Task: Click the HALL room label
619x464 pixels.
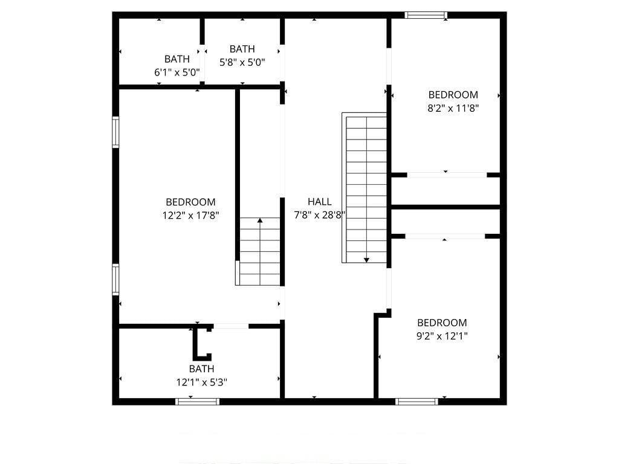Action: click(319, 202)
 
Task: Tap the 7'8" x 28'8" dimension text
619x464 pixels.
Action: click(320, 215)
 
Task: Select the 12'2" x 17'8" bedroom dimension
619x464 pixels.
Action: click(190, 216)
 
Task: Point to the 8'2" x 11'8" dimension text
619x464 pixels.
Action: click(453, 108)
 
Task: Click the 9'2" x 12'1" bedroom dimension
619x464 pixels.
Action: click(442, 336)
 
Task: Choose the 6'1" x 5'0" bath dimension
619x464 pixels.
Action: click(177, 72)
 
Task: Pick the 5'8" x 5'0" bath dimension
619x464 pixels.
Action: click(242, 62)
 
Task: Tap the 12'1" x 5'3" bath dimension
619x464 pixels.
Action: click(202, 382)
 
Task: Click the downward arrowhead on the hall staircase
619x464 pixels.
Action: click(366, 260)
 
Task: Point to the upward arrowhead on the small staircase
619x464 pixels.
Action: click(260, 220)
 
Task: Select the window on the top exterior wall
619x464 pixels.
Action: click(426, 15)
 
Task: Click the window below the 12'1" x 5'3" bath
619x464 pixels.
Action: click(198, 402)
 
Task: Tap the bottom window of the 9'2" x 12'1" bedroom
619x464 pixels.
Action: click(416, 402)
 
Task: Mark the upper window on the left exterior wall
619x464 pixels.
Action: click(115, 132)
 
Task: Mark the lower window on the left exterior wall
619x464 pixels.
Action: click(115, 279)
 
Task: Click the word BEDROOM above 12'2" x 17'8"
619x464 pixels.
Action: click(190, 202)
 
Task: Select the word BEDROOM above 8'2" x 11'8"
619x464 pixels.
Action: click(453, 95)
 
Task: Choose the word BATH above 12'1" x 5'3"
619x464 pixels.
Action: click(202, 369)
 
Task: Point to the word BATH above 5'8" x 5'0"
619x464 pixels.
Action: click(242, 49)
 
